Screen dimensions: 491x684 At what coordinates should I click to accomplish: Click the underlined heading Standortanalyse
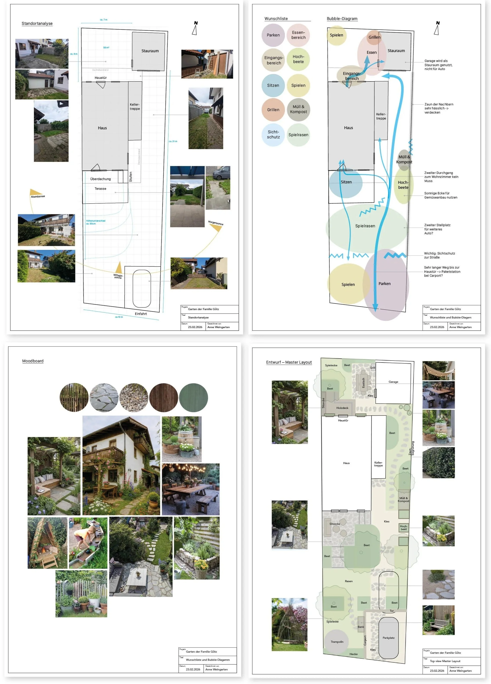tap(37, 23)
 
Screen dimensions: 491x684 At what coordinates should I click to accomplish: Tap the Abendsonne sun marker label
tap(38, 196)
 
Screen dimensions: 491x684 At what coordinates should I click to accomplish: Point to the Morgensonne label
tap(215, 223)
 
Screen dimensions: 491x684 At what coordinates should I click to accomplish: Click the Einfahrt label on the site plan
tap(141, 314)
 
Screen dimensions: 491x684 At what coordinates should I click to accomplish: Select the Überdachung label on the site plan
tap(100, 179)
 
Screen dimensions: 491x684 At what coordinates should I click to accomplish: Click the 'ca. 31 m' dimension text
tap(173, 141)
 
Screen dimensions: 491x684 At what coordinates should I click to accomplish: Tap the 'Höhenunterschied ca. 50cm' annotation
tap(95, 222)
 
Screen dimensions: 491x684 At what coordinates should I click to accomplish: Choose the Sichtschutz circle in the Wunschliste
tap(273, 135)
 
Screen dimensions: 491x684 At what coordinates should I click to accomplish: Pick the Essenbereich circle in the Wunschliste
tap(298, 35)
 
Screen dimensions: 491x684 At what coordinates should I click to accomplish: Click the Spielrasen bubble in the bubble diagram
tap(365, 226)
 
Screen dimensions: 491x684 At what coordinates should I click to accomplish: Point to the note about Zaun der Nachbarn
tap(438, 108)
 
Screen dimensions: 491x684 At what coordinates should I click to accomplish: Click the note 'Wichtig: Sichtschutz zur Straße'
tap(439, 255)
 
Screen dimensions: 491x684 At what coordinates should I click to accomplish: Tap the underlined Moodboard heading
tap(33, 361)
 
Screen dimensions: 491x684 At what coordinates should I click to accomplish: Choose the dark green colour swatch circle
tap(193, 397)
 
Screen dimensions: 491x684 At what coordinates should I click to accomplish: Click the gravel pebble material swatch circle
tap(134, 397)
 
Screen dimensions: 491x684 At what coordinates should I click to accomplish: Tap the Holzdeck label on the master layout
tap(342, 408)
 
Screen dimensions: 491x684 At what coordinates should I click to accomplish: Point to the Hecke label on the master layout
tap(353, 654)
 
